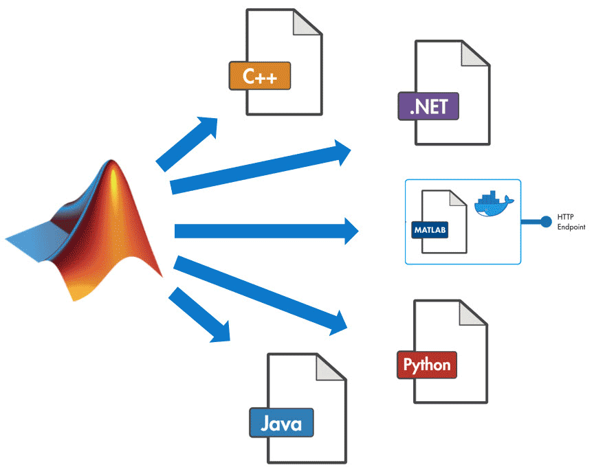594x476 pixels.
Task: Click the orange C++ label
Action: click(260, 76)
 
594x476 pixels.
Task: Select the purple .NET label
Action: click(428, 108)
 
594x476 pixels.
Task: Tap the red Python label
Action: click(427, 364)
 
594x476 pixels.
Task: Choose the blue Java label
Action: click(281, 422)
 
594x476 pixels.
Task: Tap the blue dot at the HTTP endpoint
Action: click(546, 221)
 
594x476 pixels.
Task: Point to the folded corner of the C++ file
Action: click(307, 23)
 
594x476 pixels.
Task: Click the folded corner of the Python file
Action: click(474, 313)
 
